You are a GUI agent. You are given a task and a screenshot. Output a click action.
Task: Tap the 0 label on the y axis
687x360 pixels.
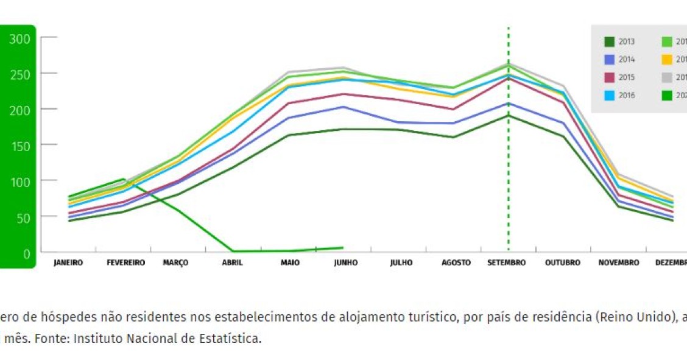pyautogui.click(x=26, y=253)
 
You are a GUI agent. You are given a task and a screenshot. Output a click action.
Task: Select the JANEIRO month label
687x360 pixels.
pyautogui.click(x=68, y=263)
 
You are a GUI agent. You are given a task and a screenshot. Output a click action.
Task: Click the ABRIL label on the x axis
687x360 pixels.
pyautogui.click(x=232, y=263)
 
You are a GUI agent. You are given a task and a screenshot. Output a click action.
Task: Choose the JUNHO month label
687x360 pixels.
pyautogui.click(x=346, y=263)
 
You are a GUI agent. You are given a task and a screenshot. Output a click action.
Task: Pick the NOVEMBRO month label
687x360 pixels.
pyautogui.click(x=619, y=263)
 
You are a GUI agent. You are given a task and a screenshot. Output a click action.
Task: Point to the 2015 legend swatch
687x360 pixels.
pyautogui.click(x=609, y=77)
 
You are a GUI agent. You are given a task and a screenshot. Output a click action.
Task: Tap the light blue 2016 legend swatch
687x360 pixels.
pyautogui.click(x=609, y=95)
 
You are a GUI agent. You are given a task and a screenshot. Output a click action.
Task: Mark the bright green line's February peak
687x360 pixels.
pyautogui.click(x=124, y=180)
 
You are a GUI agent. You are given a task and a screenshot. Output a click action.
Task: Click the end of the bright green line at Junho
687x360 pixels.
pyautogui.click(x=343, y=248)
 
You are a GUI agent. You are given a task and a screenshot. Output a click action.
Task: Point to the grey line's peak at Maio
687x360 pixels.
pyautogui.click(x=289, y=72)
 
